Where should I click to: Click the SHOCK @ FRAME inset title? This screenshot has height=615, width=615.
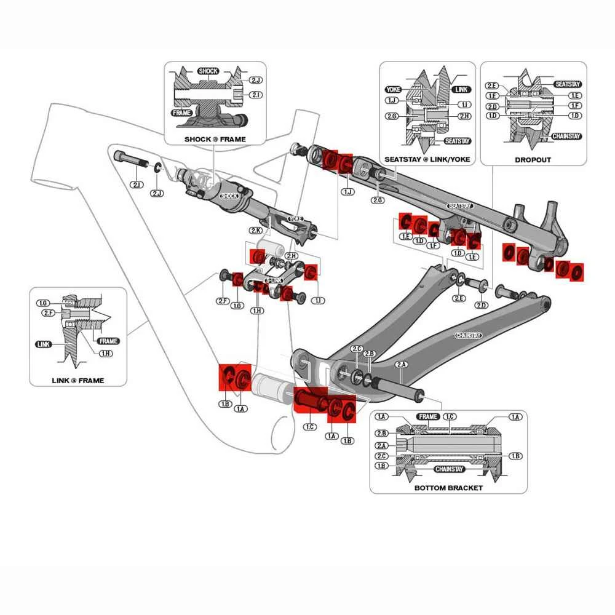[x=215, y=139]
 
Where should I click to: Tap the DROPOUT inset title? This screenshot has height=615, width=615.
[x=533, y=160]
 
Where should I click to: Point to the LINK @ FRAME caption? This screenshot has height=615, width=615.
[x=77, y=380]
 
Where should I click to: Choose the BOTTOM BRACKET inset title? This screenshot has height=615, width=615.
[x=448, y=488]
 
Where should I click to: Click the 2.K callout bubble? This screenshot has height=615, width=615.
[x=256, y=230]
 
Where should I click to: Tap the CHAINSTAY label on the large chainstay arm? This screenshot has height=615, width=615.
[x=469, y=335]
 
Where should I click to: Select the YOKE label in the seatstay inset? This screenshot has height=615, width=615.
[x=393, y=89]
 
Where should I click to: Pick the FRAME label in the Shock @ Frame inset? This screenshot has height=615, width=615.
[x=181, y=113]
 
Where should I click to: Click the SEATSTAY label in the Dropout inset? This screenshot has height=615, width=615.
[x=568, y=84]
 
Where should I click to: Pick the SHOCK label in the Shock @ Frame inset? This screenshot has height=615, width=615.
[x=208, y=71]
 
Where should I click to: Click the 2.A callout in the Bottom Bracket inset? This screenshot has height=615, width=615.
[x=381, y=445]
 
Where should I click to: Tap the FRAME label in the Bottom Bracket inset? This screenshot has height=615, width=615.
[x=427, y=417]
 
